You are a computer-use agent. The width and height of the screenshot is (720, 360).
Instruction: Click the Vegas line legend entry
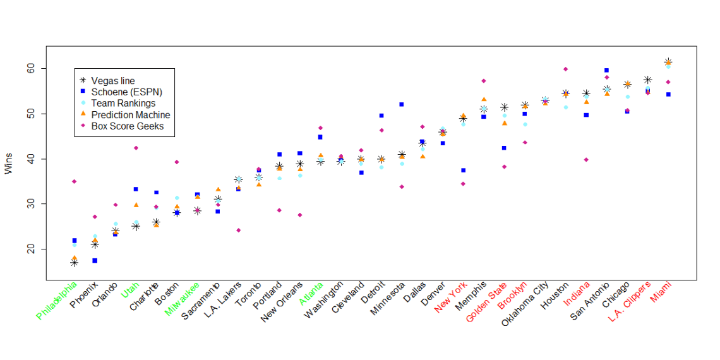(112, 81)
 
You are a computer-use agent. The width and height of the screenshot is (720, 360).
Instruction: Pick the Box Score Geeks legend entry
(127, 126)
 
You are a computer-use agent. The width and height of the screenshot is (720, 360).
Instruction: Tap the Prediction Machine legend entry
(130, 114)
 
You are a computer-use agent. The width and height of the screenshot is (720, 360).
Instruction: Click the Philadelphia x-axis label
(58, 301)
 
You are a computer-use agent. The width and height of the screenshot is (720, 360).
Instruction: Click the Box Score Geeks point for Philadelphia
(74, 181)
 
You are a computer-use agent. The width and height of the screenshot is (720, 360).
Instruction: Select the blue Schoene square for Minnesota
(402, 104)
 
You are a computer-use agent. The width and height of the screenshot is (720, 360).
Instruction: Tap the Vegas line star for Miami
(668, 62)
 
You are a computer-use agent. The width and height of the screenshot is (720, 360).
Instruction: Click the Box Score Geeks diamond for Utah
(136, 148)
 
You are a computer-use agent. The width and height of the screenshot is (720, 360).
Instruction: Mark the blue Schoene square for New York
(463, 171)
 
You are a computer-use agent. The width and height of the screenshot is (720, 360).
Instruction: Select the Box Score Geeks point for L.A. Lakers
(238, 230)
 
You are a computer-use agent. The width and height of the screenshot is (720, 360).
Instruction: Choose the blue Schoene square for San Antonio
(606, 70)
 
